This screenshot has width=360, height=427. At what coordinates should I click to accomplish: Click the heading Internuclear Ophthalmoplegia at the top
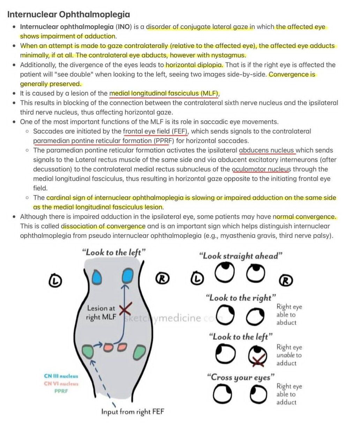click(x=69, y=15)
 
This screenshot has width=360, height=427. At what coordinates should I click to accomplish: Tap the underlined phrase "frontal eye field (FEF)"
click(x=155, y=132)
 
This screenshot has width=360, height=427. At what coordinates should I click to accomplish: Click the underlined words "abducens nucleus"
click(x=267, y=150)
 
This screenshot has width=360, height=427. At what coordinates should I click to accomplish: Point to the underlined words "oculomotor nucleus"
click(x=261, y=169)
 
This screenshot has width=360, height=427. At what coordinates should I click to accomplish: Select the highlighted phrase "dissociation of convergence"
click(x=103, y=226)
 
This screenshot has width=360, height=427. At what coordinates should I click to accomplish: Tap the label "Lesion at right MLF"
click(x=102, y=313)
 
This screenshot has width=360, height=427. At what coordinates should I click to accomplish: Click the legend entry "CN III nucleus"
click(x=61, y=376)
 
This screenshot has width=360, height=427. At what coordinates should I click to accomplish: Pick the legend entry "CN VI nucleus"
click(x=61, y=384)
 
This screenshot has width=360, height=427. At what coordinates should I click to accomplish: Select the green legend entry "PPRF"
click(x=61, y=391)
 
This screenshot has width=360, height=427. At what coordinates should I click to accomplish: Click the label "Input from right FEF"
click(x=133, y=412)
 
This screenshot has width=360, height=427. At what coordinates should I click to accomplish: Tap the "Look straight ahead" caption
click(x=240, y=256)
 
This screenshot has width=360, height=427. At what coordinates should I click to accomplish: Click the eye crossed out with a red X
click(x=258, y=356)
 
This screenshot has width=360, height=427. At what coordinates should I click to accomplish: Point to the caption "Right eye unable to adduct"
click(x=289, y=355)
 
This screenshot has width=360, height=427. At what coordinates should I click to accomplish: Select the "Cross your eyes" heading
click(x=240, y=377)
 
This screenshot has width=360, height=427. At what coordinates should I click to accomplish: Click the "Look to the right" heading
click(x=241, y=298)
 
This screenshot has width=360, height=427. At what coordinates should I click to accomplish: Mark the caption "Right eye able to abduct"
click(x=289, y=315)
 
